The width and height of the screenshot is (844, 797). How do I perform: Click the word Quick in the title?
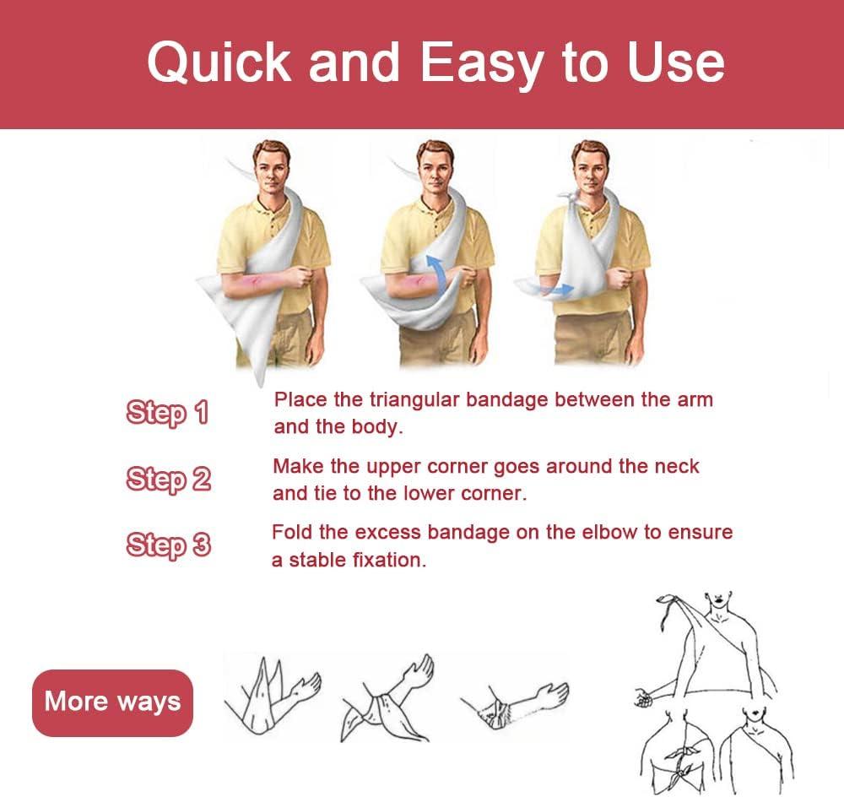click(219, 63)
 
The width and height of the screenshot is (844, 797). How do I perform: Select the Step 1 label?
click(166, 414)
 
